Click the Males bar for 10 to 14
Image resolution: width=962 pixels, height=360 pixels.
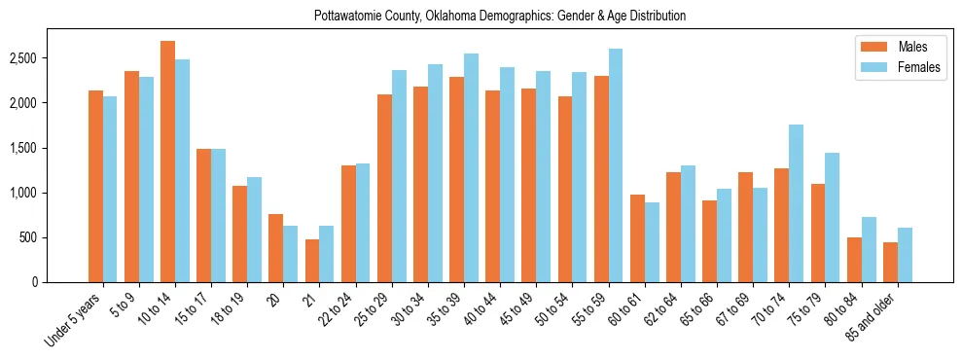167,162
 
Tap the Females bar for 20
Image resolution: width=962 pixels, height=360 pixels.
291,254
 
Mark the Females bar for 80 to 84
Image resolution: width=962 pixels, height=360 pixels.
869,250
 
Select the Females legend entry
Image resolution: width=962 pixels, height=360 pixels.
900,67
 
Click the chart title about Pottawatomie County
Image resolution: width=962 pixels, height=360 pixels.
499,16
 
